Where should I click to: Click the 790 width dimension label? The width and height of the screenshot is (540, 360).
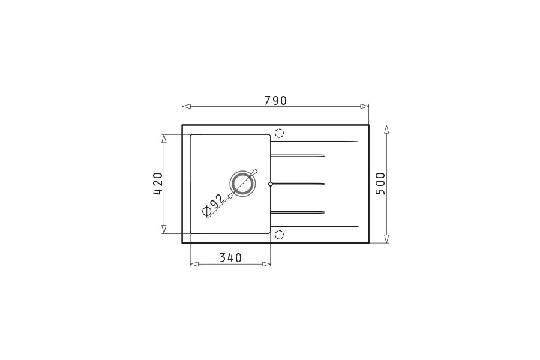pyautogui.click(x=275, y=101)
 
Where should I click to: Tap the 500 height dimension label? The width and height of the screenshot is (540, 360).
pyautogui.click(x=380, y=184)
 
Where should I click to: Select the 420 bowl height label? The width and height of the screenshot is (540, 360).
pyautogui.click(x=158, y=184)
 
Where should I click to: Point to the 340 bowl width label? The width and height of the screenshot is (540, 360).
pyautogui.click(x=230, y=257)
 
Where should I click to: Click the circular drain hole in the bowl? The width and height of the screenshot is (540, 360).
pyautogui.click(x=243, y=184)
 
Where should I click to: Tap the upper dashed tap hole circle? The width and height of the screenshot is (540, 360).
pyautogui.click(x=279, y=133)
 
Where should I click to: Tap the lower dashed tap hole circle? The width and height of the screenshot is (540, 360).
pyautogui.click(x=279, y=235)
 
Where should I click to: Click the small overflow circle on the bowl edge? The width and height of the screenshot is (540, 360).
pyautogui.click(x=271, y=184)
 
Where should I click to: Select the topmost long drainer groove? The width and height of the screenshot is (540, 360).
pyautogui.click(x=314, y=141)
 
